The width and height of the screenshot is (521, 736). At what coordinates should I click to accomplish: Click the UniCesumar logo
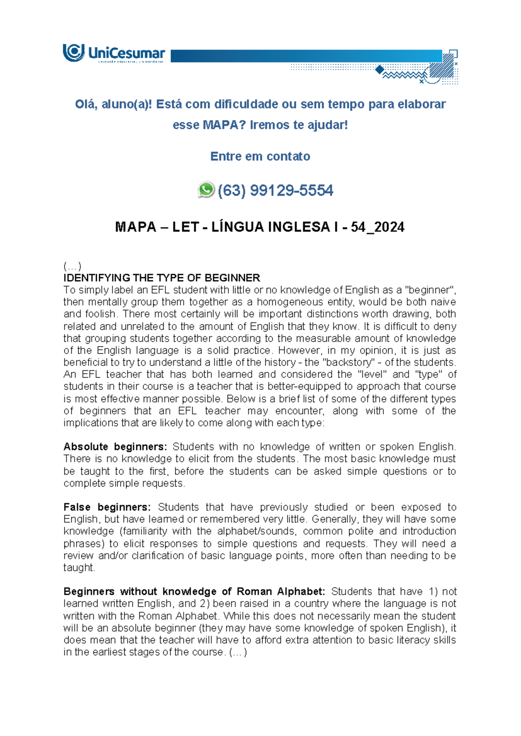tap(114, 53)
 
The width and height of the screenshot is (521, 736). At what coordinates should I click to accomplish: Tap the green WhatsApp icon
tap(206, 190)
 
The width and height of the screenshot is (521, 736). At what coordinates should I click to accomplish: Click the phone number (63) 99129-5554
tap(275, 191)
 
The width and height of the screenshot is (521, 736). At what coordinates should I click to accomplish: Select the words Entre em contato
tap(260, 156)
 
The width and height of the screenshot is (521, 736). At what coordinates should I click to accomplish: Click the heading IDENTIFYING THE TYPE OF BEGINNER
tap(162, 278)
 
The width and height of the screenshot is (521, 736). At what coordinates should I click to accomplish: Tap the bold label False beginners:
tap(107, 507)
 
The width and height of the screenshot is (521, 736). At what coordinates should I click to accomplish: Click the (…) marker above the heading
tap(72, 266)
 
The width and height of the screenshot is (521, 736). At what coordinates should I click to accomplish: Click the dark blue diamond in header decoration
tap(380, 69)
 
